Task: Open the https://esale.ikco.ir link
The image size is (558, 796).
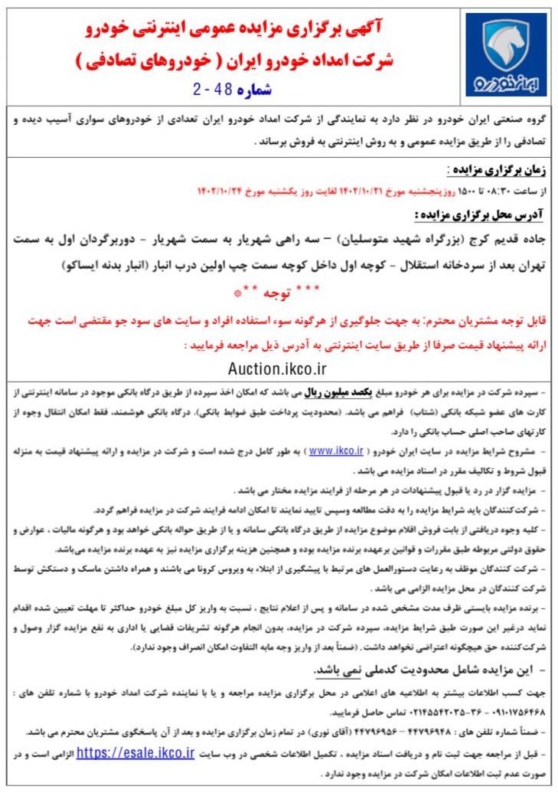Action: click(135, 753)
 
